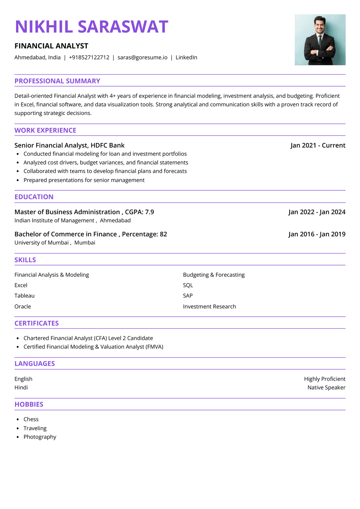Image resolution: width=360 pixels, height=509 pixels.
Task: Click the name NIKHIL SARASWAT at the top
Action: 91,27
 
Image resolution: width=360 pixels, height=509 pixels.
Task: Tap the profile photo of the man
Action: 320,40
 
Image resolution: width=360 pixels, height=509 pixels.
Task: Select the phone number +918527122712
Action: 89,57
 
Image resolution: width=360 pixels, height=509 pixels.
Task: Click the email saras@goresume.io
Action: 142,57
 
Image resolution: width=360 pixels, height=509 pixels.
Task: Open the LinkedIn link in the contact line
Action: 186,57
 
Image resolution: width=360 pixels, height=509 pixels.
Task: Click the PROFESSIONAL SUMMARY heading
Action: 57,81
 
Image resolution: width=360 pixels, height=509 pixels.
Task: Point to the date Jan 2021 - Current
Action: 318,145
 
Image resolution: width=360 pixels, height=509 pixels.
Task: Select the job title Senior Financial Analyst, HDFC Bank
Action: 69,145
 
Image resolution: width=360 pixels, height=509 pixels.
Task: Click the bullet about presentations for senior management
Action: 84,180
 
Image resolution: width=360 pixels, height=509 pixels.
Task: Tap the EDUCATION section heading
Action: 34,197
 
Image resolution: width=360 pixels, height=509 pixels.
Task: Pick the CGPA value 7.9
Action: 149,212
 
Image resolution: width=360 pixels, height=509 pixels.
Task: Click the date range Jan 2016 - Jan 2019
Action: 317,234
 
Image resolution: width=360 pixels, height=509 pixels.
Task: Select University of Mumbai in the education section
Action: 42,243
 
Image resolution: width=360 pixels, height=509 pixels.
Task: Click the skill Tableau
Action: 24,296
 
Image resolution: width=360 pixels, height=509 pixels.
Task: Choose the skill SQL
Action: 188,285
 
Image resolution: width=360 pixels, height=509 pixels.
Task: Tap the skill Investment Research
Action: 209,306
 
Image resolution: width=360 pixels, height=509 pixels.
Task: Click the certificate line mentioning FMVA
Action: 93,347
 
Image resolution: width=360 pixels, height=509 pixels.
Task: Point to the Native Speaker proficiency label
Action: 326,387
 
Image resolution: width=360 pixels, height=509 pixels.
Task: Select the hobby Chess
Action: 31,419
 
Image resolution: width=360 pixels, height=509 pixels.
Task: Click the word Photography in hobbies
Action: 40,437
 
